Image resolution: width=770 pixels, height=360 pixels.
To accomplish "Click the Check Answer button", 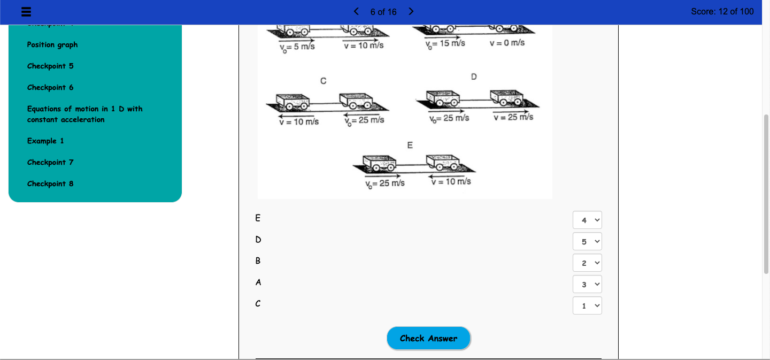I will point(428,338).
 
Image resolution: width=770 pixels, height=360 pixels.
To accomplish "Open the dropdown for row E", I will point(587,220).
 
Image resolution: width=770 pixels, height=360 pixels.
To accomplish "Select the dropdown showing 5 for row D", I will point(587,241).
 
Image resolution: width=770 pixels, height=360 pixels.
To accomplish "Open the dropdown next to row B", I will point(587,263).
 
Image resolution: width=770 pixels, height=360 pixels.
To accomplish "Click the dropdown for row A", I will point(587,284).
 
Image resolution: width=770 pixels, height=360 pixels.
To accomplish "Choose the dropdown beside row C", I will point(587,305).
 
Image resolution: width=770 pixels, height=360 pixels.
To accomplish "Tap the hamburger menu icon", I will point(25,12).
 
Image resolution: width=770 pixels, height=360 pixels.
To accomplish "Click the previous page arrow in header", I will point(357,11).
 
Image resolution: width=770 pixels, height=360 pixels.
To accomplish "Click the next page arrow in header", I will point(411,11).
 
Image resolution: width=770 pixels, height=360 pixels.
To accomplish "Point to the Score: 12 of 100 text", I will point(722,11).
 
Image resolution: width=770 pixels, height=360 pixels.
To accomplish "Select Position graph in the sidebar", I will point(52,45).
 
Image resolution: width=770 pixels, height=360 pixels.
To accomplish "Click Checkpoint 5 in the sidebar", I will point(50,66).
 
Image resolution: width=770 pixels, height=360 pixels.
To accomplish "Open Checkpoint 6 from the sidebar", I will point(50,88).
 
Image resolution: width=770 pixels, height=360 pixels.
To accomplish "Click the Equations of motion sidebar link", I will point(84,114).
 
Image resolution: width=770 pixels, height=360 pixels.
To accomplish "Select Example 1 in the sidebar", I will point(45,141).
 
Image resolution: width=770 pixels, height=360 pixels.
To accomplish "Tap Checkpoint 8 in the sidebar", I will point(50,184).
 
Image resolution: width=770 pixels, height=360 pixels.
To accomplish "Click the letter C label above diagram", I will point(323,81).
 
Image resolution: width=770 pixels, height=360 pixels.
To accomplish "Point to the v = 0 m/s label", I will point(507,43).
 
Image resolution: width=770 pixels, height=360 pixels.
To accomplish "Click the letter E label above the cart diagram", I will point(410,145).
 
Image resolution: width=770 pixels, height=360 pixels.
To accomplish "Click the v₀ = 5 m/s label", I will point(297,47).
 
